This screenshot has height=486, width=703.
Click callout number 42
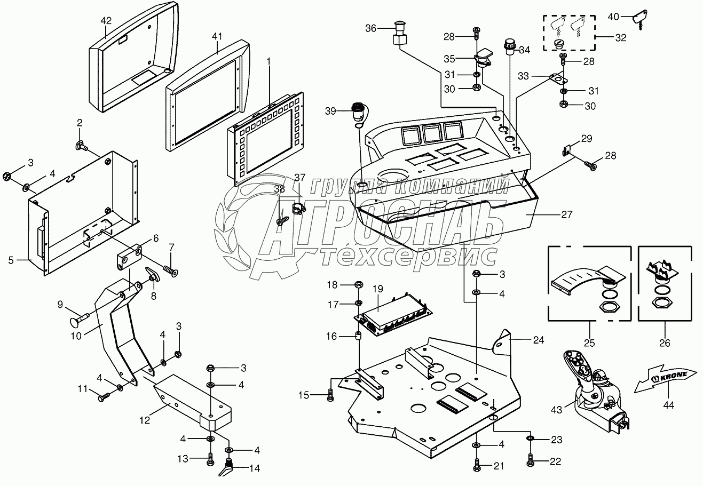106,21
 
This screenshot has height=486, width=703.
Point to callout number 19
378,289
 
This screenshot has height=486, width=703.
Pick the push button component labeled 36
399,34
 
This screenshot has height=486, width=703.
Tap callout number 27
567,214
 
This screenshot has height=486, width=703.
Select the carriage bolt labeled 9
80,321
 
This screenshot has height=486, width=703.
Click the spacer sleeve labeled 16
358,336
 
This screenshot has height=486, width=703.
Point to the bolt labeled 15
330,395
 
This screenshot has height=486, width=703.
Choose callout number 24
539,340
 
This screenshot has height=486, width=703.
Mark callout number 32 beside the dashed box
621,38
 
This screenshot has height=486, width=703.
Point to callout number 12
145,420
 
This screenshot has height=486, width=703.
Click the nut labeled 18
359,284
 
